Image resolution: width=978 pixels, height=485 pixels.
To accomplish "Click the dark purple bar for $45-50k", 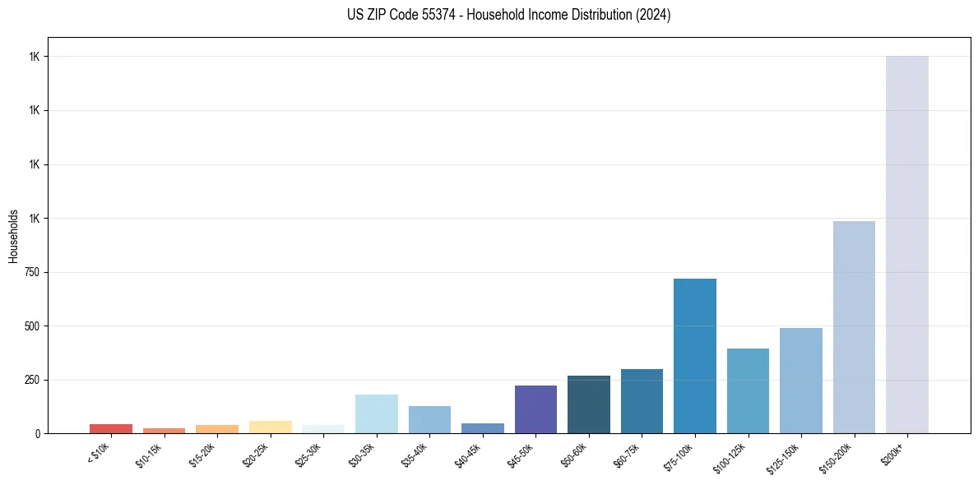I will (x=535, y=409).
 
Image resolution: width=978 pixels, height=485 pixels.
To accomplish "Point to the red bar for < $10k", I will (x=111, y=428).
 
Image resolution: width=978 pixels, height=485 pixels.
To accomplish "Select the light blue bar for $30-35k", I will (x=376, y=413).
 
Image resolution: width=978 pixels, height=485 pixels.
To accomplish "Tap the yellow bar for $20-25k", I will (x=270, y=427).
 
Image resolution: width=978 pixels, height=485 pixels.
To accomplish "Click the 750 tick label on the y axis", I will (x=30, y=272).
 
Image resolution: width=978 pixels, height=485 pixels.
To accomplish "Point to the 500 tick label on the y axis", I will (x=30, y=326).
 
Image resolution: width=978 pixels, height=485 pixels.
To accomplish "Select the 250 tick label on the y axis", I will (x=30, y=380).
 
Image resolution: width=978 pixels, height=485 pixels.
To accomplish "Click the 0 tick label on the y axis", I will (x=37, y=433).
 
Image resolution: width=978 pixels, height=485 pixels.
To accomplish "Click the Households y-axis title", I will (x=13, y=235).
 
